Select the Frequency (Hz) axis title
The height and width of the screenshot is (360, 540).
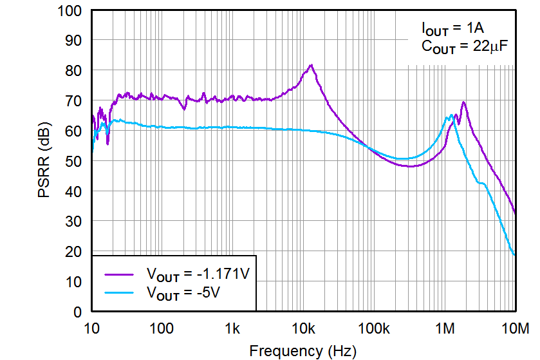coord(302,350)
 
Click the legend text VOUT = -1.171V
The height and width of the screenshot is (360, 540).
coord(197,274)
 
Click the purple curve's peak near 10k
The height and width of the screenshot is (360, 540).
coord(311,65)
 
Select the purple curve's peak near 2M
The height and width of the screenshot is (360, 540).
coord(463,102)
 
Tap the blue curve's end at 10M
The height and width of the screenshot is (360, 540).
coord(514,255)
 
